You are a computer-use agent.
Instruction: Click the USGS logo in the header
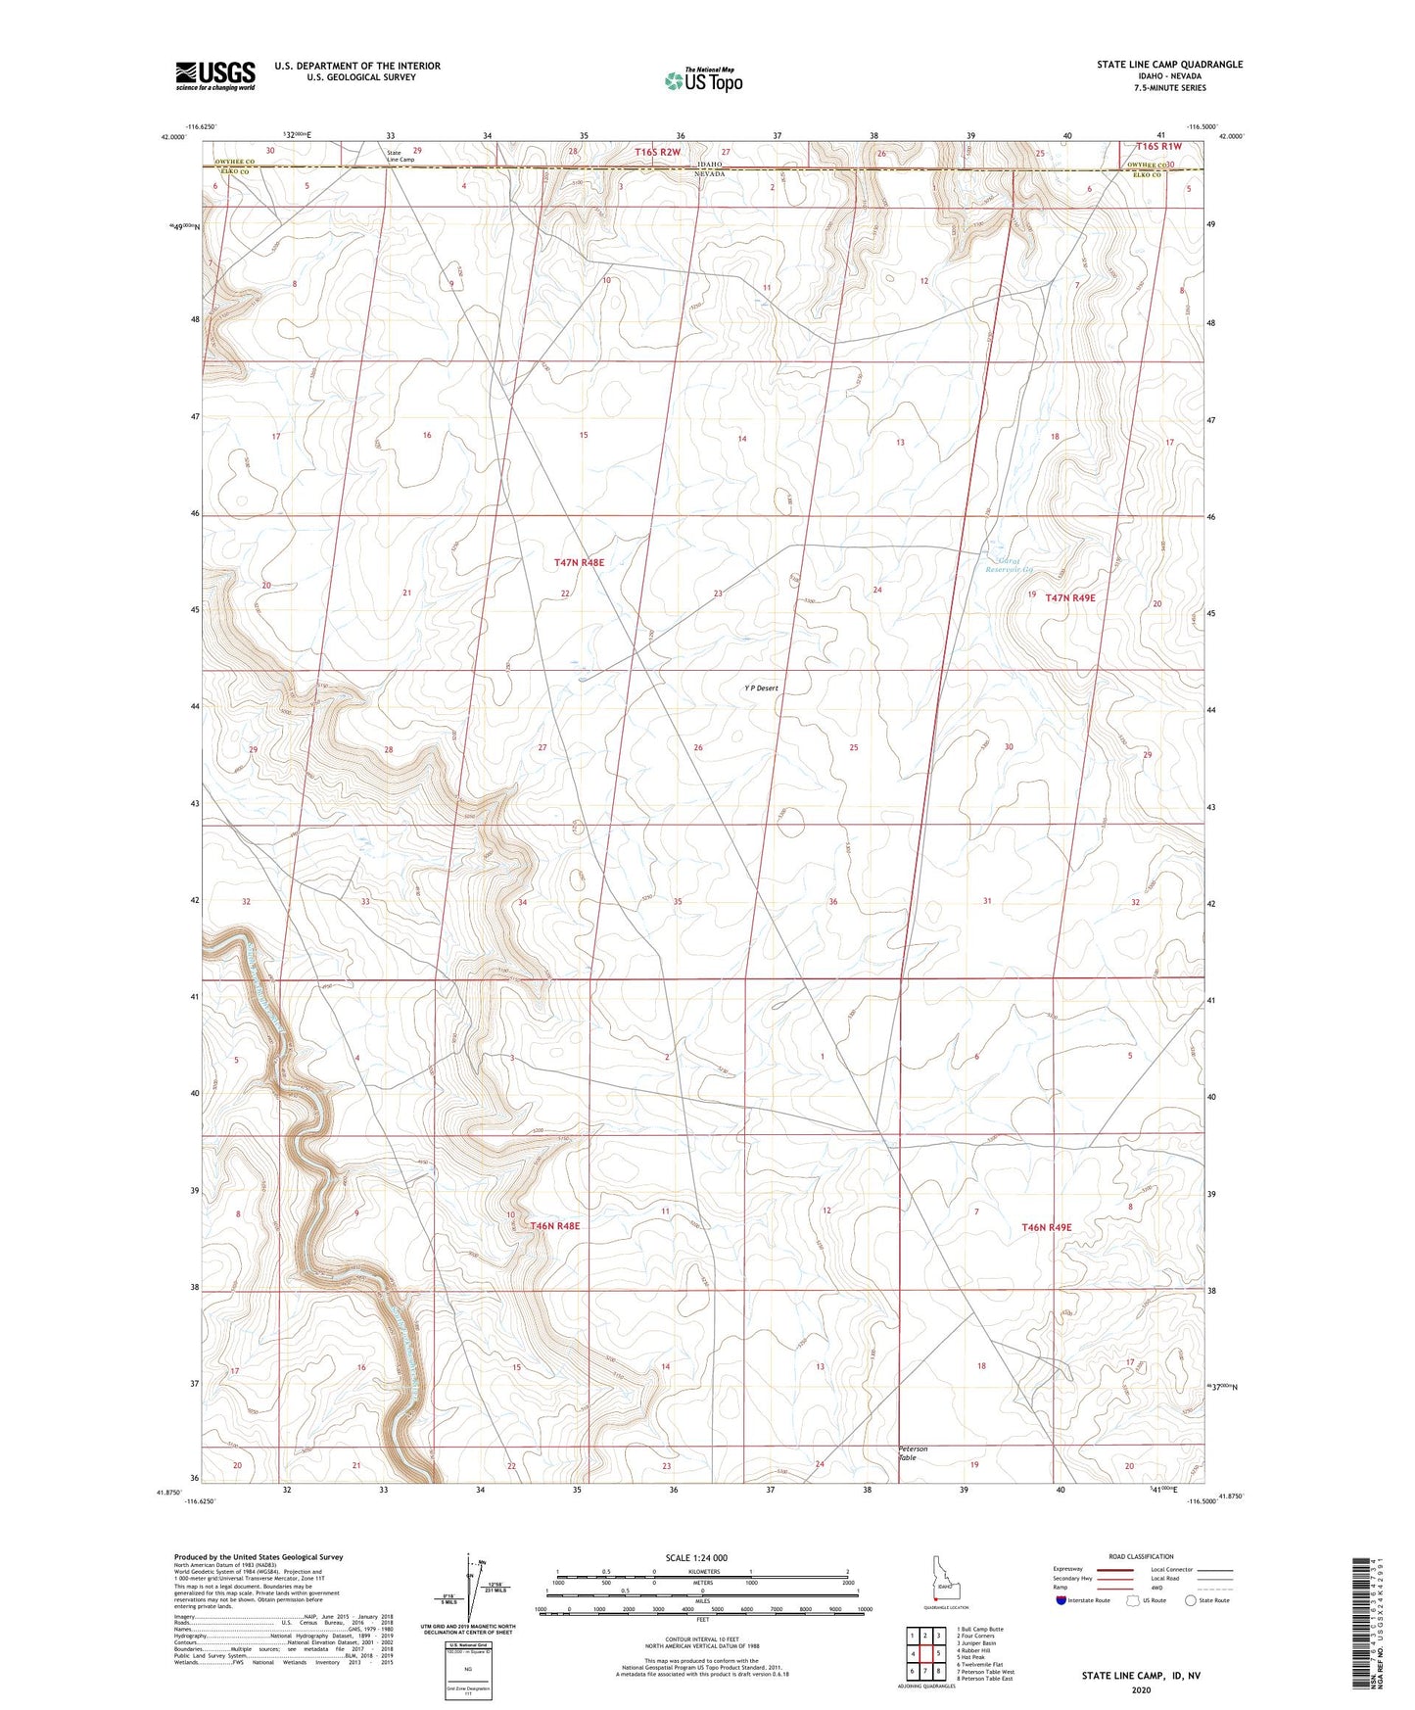[215, 75]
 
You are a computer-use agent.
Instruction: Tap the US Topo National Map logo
[702, 80]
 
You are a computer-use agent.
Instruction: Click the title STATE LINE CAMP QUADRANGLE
[1169, 65]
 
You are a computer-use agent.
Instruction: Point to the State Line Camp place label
[401, 156]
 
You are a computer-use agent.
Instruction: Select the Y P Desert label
[761, 689]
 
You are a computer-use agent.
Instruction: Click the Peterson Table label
[913, 1452]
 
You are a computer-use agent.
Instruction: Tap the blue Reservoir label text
[1009, 569]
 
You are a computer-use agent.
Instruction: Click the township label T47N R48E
[579, 563]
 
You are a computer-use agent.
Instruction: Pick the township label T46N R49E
[1047, 1227]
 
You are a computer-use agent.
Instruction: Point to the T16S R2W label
[656, 152]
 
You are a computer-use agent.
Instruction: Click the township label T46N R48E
[555, 1225]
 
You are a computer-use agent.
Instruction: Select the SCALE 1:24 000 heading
[696, 1557]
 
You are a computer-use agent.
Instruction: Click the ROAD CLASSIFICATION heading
[1141, 1556]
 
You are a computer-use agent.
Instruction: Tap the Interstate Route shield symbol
[1061, 1600]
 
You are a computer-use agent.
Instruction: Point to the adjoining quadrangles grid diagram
[924, 1654]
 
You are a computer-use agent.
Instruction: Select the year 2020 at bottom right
[1141, 1688]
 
